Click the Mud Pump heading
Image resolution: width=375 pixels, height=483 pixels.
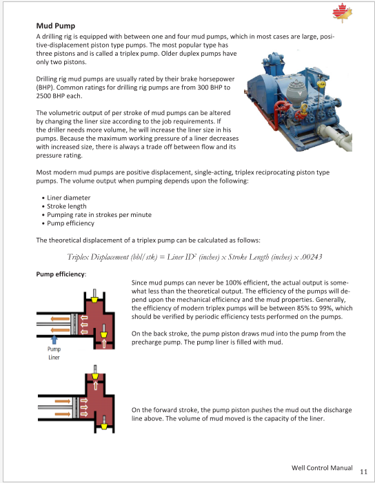pos(55,25)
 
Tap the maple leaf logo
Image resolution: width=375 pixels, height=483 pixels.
pos(342,13)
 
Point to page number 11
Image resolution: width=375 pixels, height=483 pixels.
pos(363,471)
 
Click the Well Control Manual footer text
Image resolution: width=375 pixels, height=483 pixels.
pos(322,468)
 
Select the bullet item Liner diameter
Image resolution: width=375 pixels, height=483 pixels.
pos(68,198)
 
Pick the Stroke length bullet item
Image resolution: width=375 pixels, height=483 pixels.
pos(67,207)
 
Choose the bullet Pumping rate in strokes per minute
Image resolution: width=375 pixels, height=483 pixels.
pos(99,215)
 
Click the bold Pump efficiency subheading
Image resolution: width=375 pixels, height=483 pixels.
pos(61,274)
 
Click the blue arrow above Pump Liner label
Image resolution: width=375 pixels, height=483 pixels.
pos(54,340)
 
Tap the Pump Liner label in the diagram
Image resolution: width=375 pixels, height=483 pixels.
pos(54,353)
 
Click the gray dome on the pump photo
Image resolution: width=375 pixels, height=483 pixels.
pos(296,90)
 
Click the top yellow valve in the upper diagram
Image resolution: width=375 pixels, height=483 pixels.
pos(94,300)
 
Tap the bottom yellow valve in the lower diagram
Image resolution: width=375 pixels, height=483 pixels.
pos(104,427)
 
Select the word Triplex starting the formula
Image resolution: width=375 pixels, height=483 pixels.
pos(78,257)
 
